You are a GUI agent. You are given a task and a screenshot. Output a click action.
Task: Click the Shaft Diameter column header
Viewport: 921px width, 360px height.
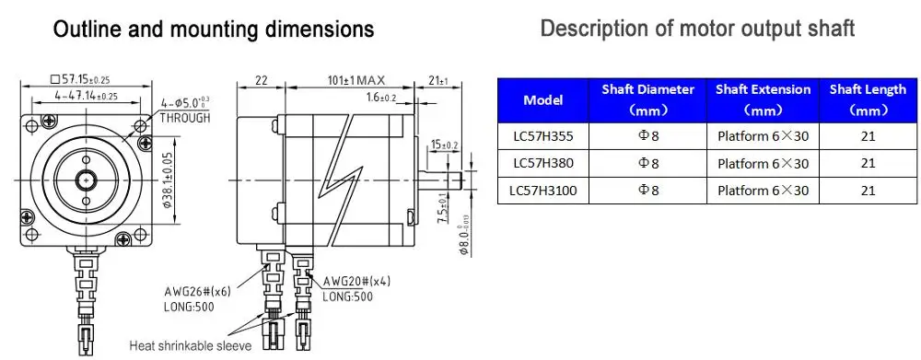click(x=647, y=99)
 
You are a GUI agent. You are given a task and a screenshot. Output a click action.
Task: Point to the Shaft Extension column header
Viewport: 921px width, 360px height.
click(x=763, y=99)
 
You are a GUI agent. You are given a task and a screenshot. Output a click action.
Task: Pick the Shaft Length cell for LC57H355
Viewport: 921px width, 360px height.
click(x=867, y=136)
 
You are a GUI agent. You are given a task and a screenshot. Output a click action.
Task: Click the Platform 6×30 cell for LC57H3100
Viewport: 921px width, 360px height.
click(x=763, y=191)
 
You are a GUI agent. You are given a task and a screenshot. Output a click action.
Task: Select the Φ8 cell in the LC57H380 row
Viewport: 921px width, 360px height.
click(x=648, y=163)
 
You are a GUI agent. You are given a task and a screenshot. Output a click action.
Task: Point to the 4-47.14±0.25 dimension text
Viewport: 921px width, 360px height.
click(x=86, y=95)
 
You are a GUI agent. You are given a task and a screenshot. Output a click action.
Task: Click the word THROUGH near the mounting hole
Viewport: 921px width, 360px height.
click(x=185, y=118)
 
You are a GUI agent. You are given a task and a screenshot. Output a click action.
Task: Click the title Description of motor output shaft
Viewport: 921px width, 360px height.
click(x=697, y=29)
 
